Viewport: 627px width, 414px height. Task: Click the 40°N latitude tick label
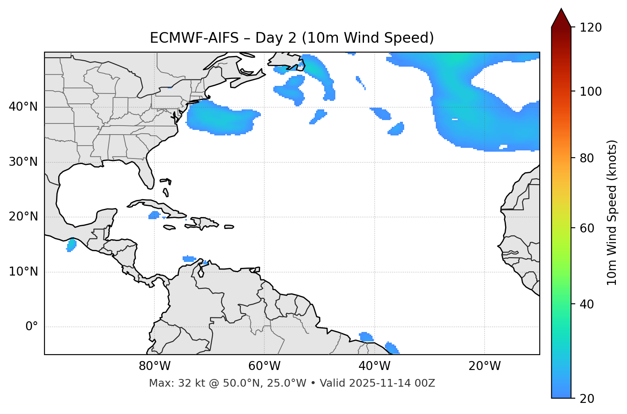click(x=23, y=107)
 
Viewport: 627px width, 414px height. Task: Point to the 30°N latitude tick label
click(x=23, y=162)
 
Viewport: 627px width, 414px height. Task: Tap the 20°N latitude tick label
click(x=23, y=217)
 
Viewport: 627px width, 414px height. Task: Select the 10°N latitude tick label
click(x=23, y=272)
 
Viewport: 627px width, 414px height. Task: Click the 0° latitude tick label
click(x=32, y=327)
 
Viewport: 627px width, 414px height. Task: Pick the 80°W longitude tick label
click(x=154, y=366)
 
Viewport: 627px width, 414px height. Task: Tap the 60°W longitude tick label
click(x=264, y=366)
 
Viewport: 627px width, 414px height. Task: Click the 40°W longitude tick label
click(x=374, y=366)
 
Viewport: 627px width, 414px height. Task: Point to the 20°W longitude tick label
click(x=485, y=366)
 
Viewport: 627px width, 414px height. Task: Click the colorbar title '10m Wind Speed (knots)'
click(x=612, y=212)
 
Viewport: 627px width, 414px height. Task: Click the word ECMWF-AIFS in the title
click(x=194, y=38)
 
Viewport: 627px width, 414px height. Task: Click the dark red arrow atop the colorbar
click(x=561, y=18)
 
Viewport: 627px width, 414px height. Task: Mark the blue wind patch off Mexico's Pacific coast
click(x=71, y=245)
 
